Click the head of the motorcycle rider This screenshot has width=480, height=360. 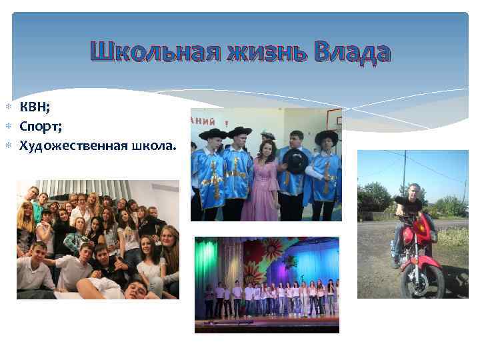(414, 190)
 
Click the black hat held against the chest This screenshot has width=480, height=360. (295, 159)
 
